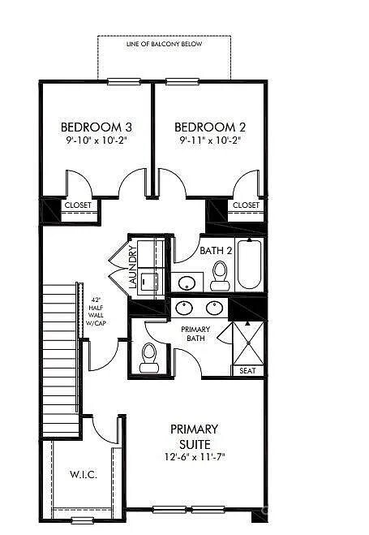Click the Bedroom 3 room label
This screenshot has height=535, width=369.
(96, 127)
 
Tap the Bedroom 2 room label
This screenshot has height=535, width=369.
(210, 127)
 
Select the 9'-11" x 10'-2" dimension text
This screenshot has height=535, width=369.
(210, 140)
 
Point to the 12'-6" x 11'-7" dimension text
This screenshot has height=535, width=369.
(195, 456)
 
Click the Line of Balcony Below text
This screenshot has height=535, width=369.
(164, 44)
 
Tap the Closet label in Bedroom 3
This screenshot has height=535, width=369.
(78, 205)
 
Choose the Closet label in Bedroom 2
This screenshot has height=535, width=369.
(246, 205)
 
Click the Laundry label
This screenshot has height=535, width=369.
(133, 267)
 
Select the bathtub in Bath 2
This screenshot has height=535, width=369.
(250, 264)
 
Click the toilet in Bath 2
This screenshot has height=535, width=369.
(220, 276)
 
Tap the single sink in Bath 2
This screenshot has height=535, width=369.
(187, 283)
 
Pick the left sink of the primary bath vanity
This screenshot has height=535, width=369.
(184, 308)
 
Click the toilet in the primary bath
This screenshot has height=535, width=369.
(149, 357)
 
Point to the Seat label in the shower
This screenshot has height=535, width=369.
(247, 370)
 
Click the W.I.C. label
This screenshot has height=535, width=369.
(84, 474)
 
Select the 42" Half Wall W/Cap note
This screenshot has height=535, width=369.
(96, 311)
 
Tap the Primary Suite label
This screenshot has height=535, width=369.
(194, 437)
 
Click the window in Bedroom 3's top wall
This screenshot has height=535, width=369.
(124, 81)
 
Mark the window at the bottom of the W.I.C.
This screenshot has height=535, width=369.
(83, 520)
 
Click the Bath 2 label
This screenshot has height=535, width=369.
(216, 251)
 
